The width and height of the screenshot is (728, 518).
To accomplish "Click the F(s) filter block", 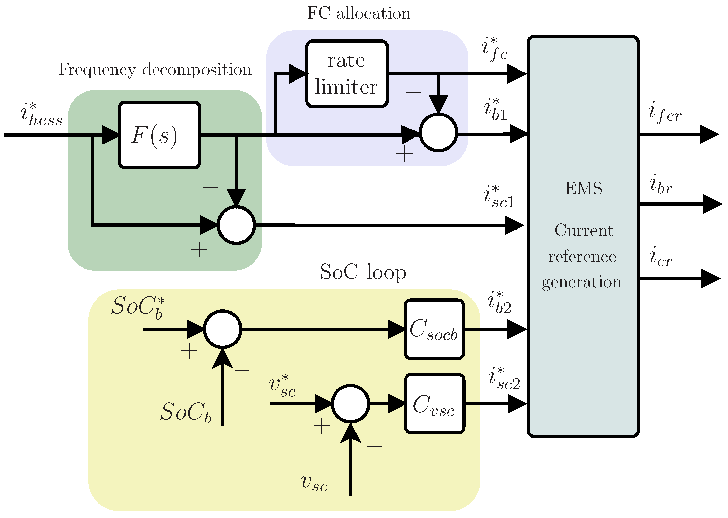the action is coord(160,135).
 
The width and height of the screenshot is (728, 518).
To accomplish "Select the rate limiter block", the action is coord(347,74).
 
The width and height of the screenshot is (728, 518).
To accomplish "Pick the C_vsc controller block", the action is coord(435,404).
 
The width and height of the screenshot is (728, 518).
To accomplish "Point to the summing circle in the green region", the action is coord(236,225).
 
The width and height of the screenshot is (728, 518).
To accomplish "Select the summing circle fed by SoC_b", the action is coord(223,329).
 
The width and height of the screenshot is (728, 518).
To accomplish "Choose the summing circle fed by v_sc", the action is coord(350,404).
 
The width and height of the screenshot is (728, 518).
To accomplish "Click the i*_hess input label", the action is coord(42,115).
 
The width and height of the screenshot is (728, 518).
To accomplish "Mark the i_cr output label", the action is coord(661,257).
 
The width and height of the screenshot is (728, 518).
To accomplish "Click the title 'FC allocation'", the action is coord(359,14).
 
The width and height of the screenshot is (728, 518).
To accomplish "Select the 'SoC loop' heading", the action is coord(363,272).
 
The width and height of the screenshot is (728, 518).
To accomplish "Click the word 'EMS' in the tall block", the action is coord(584,188).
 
